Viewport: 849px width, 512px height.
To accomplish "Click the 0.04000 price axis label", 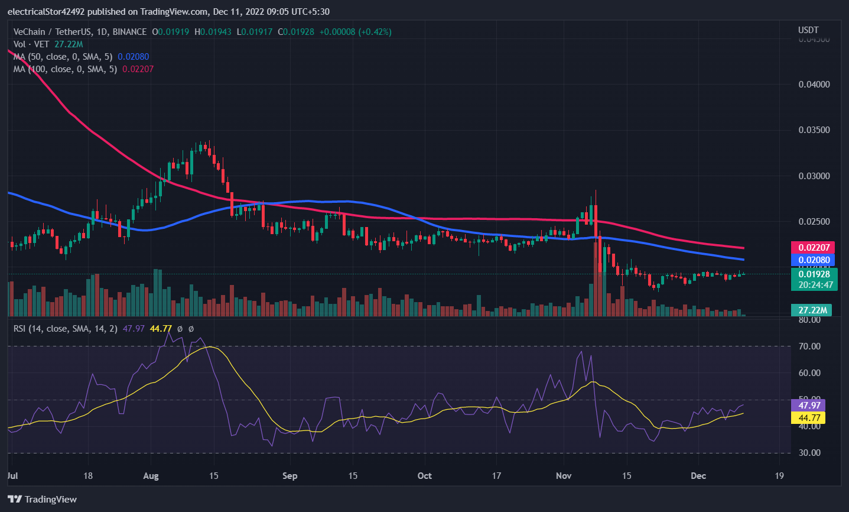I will tap(814, 85).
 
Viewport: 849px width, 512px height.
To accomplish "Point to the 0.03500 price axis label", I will tap(814, 130).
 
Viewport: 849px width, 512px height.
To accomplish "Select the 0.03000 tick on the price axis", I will tap(814, 176).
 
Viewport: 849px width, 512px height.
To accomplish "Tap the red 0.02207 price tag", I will tap(814, 248).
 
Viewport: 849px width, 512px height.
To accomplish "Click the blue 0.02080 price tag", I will tap(814, 260).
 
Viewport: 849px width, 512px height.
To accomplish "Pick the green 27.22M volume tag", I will tap(812, 310).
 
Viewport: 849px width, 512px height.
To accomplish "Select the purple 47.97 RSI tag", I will tap(809, 406).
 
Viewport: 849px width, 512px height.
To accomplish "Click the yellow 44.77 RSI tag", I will tap(809, 418).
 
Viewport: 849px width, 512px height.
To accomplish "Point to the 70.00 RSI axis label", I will tap(809, 346).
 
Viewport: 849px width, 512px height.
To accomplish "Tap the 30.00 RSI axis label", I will tap(809, 453).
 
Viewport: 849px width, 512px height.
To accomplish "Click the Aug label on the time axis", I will tap(151, 476).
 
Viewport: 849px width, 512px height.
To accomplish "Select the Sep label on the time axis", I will tap(289, 476).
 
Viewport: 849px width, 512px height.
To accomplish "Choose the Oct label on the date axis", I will tap(424, 476).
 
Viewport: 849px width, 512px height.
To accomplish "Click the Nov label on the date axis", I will tap(564, 476).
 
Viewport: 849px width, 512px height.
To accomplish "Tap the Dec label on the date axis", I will tap(698, 476).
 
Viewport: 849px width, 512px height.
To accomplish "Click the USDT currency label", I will tap(808, 30).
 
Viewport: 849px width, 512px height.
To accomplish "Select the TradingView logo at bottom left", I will tap(43, 500).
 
